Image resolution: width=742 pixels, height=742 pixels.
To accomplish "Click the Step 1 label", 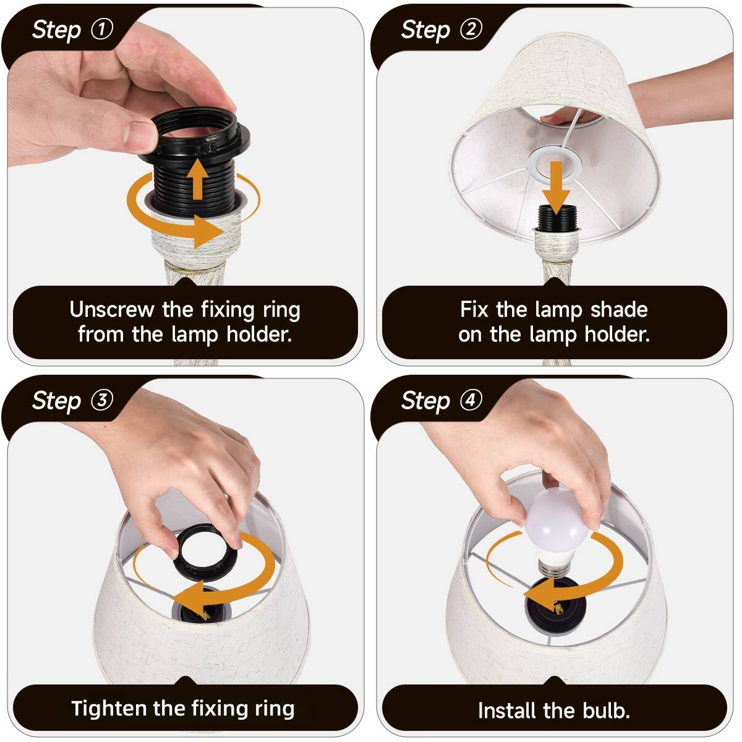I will coord(72,30).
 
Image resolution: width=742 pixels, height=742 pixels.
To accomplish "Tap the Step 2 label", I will coord(441,30).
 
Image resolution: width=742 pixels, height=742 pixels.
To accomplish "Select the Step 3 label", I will coord(72,401).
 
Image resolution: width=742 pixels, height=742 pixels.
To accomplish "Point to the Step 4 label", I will coord(441,401).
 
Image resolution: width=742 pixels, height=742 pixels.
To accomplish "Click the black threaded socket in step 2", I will coord(556,219).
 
